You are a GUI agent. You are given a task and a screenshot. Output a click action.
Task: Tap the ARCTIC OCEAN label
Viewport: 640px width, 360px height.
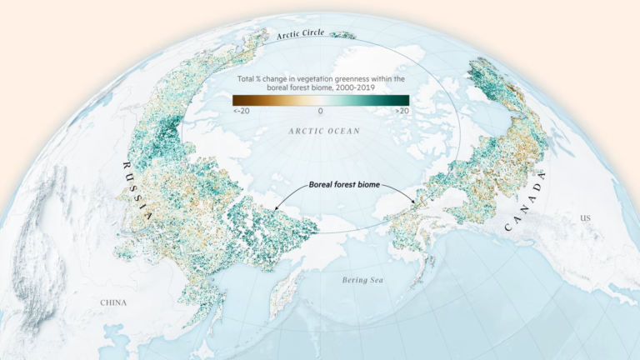click(x=321, y=131)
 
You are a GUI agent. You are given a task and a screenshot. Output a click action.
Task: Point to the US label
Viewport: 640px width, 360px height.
click(x=586, y=218)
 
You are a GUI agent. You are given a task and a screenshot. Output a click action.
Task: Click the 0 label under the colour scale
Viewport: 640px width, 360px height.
click(x=321, y=111)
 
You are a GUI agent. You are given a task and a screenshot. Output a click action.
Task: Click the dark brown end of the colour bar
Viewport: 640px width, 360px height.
click(x=236, y=100)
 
